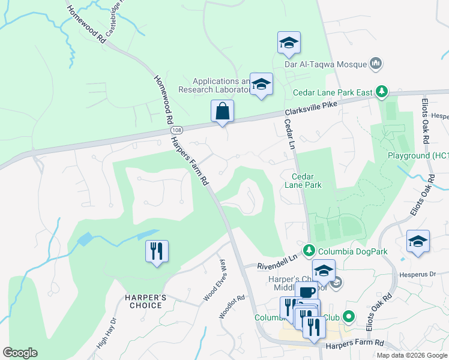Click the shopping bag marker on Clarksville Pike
pos(222,112)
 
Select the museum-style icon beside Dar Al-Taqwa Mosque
pos(377,62)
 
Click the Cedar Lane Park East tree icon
pos(381,92)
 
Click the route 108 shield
pos(176,130)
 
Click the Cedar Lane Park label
pos(306,181)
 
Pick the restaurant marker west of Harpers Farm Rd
pos(157,251)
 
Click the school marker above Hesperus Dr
pos(418,241)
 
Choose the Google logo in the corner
pos(20,353)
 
